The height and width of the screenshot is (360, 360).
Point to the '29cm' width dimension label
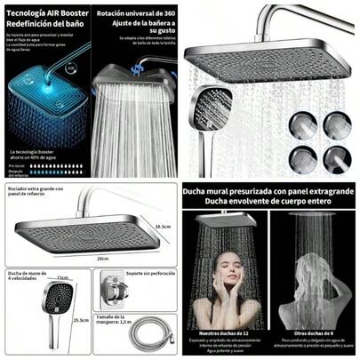click(102, 258)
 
